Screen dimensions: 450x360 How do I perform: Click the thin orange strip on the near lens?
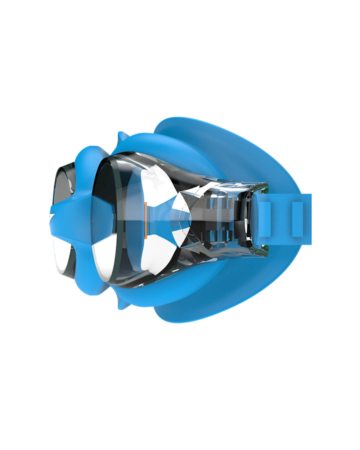tap(146, 220)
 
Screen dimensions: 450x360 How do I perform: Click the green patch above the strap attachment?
tap(264, 190)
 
